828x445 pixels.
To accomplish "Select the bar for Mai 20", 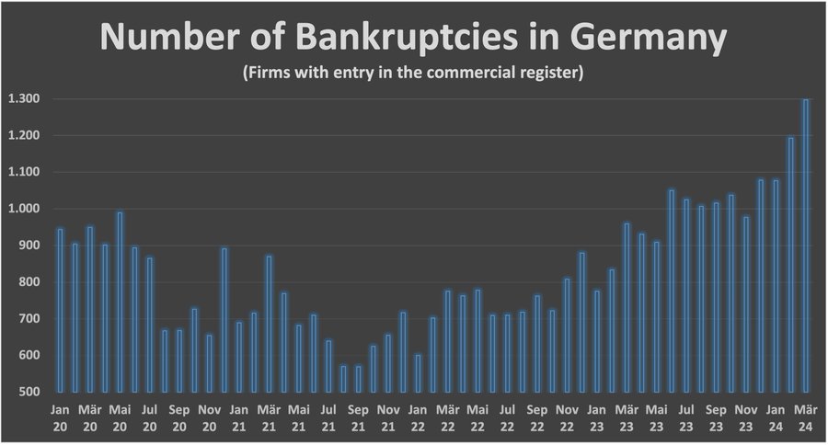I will (x=120, y=302).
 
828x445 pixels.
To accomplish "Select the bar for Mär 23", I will (x=627, y=308).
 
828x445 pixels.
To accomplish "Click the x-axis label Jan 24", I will (x=776, y=416).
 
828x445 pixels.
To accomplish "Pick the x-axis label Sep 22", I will (x=536, y=416).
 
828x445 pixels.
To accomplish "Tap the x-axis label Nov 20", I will (x=209, y=416).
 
